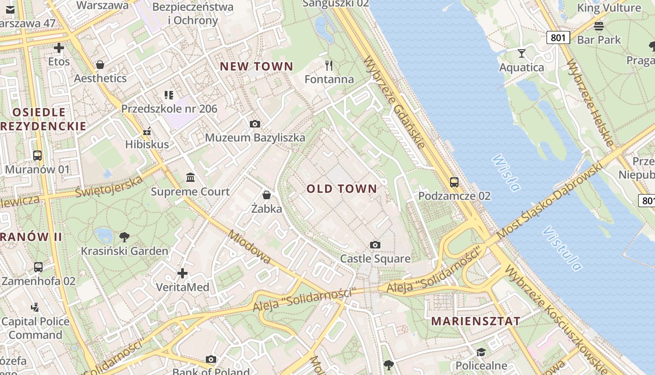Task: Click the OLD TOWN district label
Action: click(342, 189)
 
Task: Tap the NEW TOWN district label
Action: click(256, 67)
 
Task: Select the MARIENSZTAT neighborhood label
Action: click(475, 321)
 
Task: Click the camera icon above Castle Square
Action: click(375, 245)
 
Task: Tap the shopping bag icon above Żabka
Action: click(267, 195)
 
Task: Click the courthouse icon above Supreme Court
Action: click(190, 178)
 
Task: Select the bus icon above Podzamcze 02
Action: click(454, 182)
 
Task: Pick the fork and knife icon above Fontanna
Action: click(329, 65)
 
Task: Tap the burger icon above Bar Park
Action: click(598, 26)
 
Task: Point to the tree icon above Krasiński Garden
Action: click(124, 237)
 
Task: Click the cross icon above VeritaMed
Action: click(182, 273)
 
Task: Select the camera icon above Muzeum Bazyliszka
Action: click(255, 124)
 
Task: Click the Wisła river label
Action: click(506, 173)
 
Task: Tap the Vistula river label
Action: click(563, 248)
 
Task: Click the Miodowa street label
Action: click(249, 247)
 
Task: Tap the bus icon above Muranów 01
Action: click(37, 156)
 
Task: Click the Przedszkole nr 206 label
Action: click(169, 109)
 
